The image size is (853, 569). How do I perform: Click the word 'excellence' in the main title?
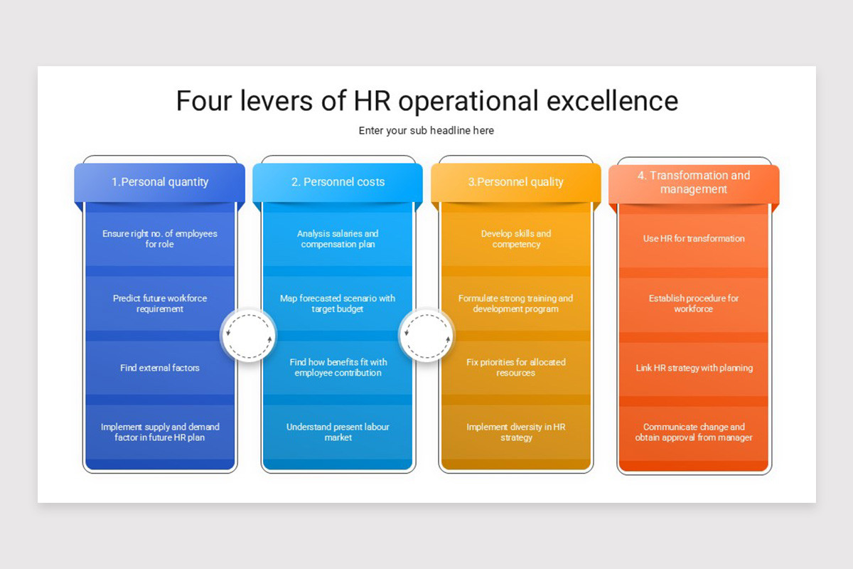point(612,100)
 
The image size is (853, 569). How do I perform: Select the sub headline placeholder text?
point(426,130)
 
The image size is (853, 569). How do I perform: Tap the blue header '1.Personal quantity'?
point(160,182)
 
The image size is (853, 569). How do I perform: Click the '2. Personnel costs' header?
point(338,182)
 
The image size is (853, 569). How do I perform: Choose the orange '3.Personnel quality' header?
point(515,182)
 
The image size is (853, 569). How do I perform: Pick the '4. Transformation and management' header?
point(694,182)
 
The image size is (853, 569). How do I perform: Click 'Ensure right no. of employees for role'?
point(160,239)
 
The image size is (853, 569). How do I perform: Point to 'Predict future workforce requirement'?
point(160,304)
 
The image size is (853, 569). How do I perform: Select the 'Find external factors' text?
point(160,368)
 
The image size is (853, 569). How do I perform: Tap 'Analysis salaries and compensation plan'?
point(338,239)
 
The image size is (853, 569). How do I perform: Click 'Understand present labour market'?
point(338,432)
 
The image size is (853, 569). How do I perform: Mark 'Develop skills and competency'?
point(515,239)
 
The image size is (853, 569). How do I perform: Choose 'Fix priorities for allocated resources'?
point(515,368)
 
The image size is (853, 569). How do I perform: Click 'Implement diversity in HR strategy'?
point(515,432)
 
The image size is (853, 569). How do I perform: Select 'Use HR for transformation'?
point(694,239)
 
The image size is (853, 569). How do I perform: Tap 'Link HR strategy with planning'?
point(694,368)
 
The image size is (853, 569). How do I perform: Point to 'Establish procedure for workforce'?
point(694,304)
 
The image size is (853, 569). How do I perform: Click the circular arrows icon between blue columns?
point(248,334)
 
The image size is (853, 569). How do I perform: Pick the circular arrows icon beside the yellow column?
point(426,334)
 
